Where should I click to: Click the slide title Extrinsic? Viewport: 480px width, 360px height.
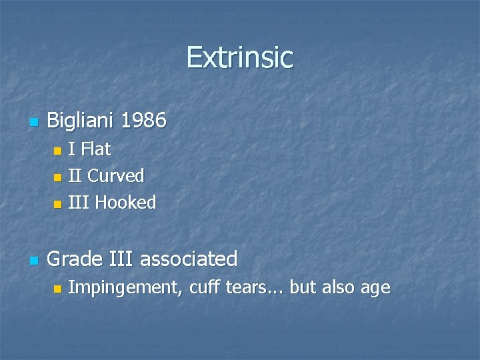coord(239,57)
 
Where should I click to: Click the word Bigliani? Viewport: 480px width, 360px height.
coord(81,121)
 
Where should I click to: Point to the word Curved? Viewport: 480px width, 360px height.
coord(116,176)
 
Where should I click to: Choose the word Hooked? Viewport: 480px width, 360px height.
coord(126,203)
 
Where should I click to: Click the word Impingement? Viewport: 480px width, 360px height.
coord(126,288)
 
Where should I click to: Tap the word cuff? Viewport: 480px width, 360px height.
coord(203,288)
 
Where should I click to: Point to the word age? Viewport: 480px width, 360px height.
coord(375,289)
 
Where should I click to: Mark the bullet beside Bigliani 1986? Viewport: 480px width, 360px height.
coord(33,123)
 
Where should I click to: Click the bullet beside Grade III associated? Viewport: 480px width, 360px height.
coord(33,260)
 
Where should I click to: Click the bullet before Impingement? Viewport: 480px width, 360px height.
coord(57,289)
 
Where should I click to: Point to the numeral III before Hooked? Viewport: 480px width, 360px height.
coord(79,203)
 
